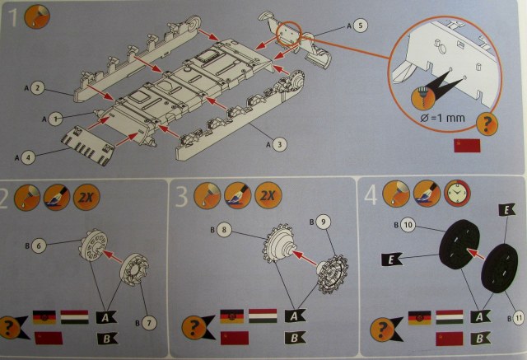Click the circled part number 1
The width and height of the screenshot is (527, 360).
[x=54, y=118]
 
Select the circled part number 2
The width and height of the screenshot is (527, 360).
[x=37, y=88]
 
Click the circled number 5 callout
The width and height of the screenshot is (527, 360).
[x=361, y=26]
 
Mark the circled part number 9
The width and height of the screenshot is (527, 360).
[x=324, y=221]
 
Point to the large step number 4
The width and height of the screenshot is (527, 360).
[x=371, y=195]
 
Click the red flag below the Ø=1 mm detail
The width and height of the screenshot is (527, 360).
[x=465, y=147]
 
